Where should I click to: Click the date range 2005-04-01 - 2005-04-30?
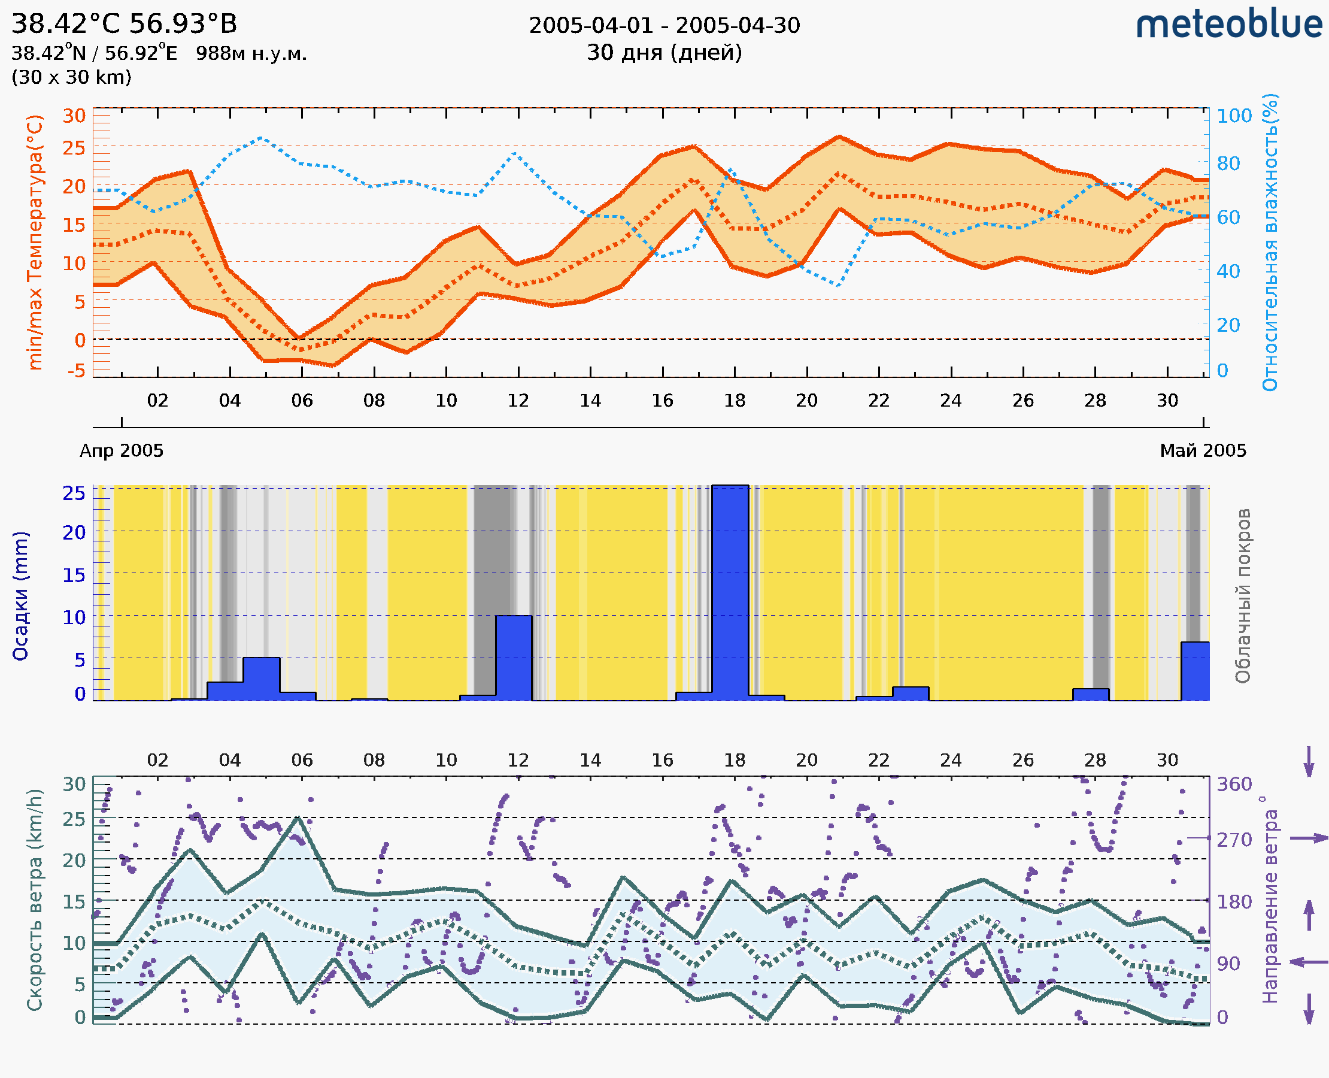(664, 26)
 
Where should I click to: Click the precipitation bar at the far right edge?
(1195, 671)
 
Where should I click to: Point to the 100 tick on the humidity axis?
(1234, 116)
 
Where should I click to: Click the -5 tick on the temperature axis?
(76, 371)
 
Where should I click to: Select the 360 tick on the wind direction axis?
(1234, 785)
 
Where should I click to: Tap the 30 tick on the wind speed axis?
(74, 785)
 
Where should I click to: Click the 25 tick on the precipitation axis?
(74, 493)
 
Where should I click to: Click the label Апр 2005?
(122, 451)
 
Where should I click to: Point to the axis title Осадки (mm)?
(21, 596)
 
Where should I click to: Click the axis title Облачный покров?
(1243, 596)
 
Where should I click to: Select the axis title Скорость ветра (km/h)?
(35, 900)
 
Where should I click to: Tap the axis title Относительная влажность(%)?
(1270, 242)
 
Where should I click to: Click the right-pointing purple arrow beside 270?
(1309, 838)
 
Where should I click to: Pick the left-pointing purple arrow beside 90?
(1309, 962)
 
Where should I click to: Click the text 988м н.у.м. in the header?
(251, 54)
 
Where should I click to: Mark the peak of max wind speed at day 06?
(299, 819)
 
